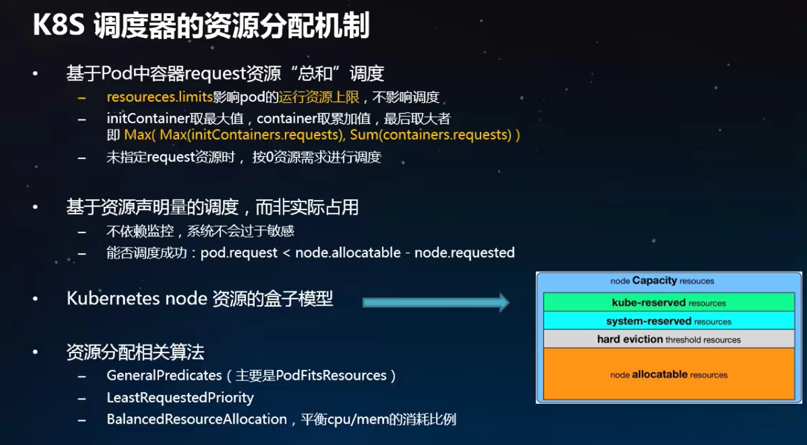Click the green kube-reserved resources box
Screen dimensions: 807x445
pos(669,302)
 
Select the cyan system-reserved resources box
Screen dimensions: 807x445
pos(669,320)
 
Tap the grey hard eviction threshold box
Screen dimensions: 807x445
pos(669,339)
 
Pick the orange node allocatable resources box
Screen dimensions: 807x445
pos(669,374)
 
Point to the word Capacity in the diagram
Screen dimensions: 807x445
pos(654,281)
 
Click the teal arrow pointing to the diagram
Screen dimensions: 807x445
pos(436,303)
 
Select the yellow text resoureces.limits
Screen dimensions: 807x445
pos(160,97)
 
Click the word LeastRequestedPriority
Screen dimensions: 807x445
pos(180,398)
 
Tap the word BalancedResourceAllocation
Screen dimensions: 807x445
pos(197,419)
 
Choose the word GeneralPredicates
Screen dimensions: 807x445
pos(164,375)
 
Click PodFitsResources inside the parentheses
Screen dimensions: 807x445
pos(331,375)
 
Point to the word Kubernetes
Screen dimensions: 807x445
pos(113,298)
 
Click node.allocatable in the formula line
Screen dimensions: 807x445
pos(348,253)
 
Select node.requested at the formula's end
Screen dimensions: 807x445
pos(464,253)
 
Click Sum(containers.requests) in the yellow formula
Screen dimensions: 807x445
pos(430,135)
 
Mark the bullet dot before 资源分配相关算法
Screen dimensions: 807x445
pos(36,351)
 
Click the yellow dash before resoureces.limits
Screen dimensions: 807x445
pos(82,97)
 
